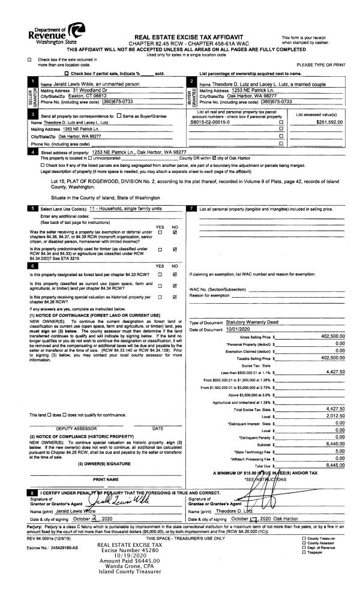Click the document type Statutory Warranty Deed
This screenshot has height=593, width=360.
point(242,322)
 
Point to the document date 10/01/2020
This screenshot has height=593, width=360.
point(224,330)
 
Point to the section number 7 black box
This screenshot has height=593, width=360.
point(190,208)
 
